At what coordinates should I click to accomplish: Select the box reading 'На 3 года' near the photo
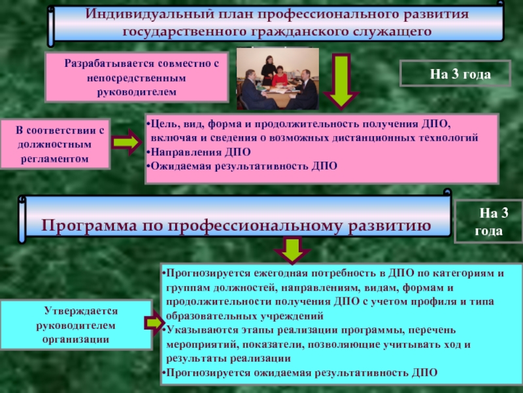click(x=455, y=73)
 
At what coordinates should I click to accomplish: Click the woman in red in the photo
click(x=280, y=77)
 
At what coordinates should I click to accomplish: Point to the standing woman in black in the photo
click(x=268, y=70)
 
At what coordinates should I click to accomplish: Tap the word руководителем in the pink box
click(x=137, y=92)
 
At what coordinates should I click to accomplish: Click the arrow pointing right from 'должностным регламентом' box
click(x=126, y=142)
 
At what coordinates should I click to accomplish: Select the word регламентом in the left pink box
click(x=55, y=159)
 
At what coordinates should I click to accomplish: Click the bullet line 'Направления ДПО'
click(x=199, y=152)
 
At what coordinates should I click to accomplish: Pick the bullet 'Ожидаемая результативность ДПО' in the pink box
click(x=242, y=166)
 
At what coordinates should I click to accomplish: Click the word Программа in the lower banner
click(x=89, y=226)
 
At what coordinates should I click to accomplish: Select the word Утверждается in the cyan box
click(x=81, y=311)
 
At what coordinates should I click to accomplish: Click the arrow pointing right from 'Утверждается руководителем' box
click(x=155, y=323)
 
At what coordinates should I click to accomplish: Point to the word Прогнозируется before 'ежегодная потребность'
click(x=208, y=273)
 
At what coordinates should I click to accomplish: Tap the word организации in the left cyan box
click(x=76, y=339)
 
